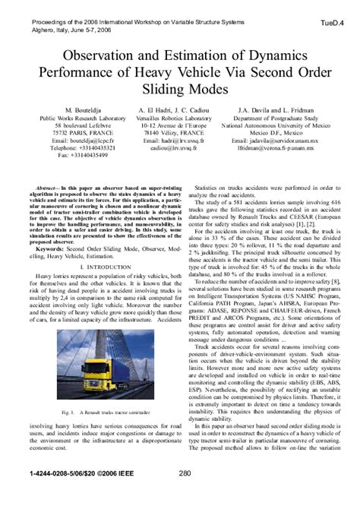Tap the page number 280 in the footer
[185, 495]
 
